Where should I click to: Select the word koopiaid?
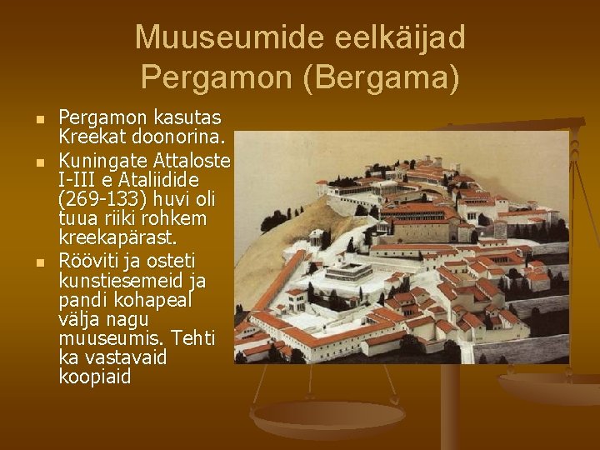point(95,377)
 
